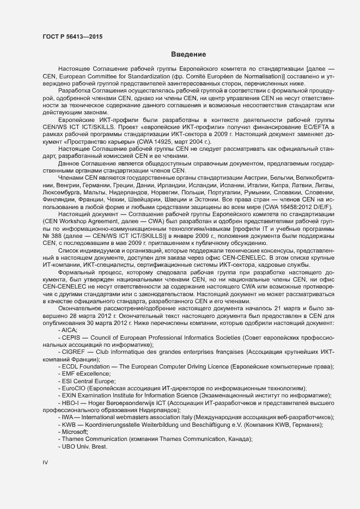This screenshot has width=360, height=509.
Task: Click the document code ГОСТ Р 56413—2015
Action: [x=72, y=36]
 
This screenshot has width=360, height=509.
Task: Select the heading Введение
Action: [x=188, y=54]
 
